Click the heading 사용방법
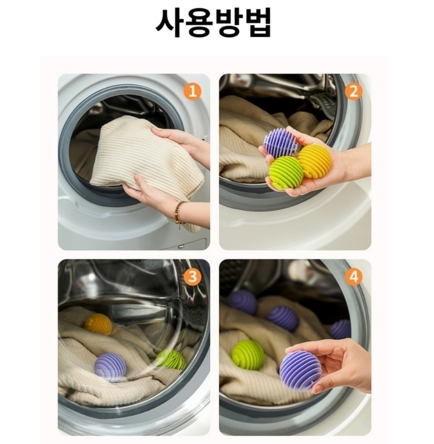point(214,22)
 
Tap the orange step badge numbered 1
point(192,91)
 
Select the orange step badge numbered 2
point(353,91)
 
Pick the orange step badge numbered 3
point(192,276)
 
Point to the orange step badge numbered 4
point(353,276)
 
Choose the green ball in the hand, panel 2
point(285,172)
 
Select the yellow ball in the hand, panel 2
point(315,160)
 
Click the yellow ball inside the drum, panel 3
point(98,324)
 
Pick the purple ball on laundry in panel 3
point(110,367)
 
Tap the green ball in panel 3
point(171,359)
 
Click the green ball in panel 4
point(248,355)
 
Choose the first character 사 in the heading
point(169,22)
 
